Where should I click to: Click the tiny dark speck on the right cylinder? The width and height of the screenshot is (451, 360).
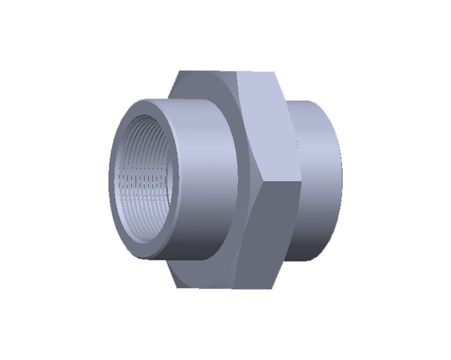tap(296, 143)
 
